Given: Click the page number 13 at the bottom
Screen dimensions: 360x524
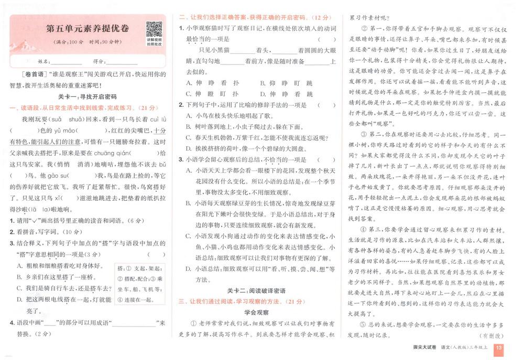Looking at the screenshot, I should click(x=499, y=347).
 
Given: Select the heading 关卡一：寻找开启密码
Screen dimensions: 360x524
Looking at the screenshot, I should click(x=87, y=97).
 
